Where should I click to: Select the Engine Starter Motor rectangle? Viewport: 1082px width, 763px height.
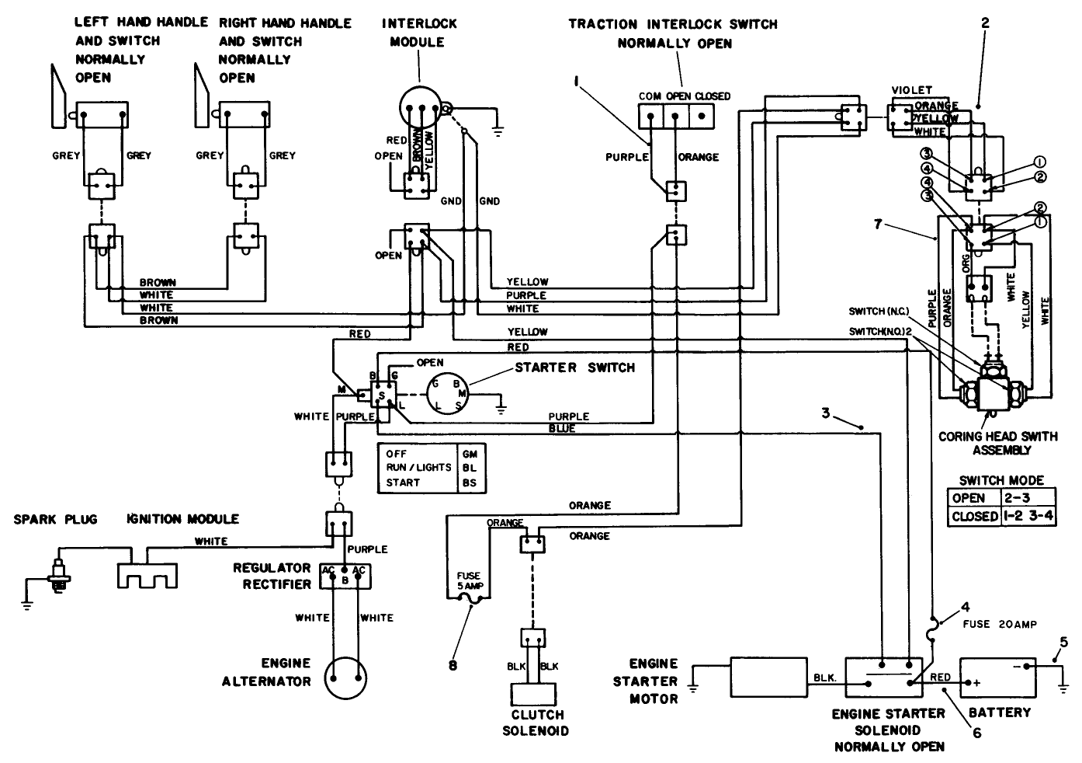[762, 678]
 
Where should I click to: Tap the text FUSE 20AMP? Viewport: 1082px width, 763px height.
[1000, 624]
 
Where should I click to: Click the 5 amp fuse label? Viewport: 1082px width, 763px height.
[468, 580]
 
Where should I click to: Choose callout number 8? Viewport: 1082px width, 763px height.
[453, 665]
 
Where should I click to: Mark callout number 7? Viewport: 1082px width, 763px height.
[877, 225]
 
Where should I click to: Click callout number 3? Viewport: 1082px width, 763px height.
[827, 413]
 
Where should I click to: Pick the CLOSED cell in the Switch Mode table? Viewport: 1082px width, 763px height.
[973, 517]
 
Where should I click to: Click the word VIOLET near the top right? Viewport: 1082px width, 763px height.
[912, 90]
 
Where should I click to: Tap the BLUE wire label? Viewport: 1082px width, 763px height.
[562, 428]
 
